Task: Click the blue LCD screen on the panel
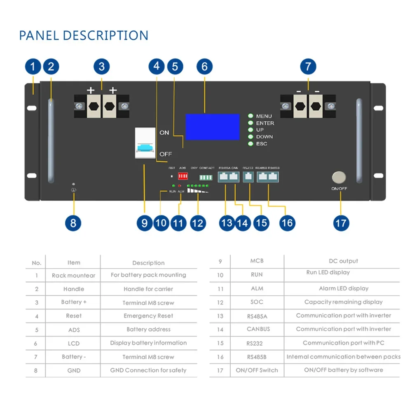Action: (x=212, y=127)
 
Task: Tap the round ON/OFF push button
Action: (x=339, y=178)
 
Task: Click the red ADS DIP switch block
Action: (x=183, y=176)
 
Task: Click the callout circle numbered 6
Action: (x=204, y=66)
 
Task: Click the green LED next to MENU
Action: (x=250, y=116)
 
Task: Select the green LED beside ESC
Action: (x=250, y=144)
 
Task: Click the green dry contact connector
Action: (x=206, y=177)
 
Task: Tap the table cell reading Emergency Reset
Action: (x=148, y=316)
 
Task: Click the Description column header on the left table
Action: (x=148, y=263)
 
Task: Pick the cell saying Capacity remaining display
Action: (x=344, y=302)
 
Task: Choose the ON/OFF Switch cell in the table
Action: (x=257, y=370)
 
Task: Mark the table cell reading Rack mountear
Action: (x=73, y=275)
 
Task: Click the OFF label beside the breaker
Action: (x=166, y=154)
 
